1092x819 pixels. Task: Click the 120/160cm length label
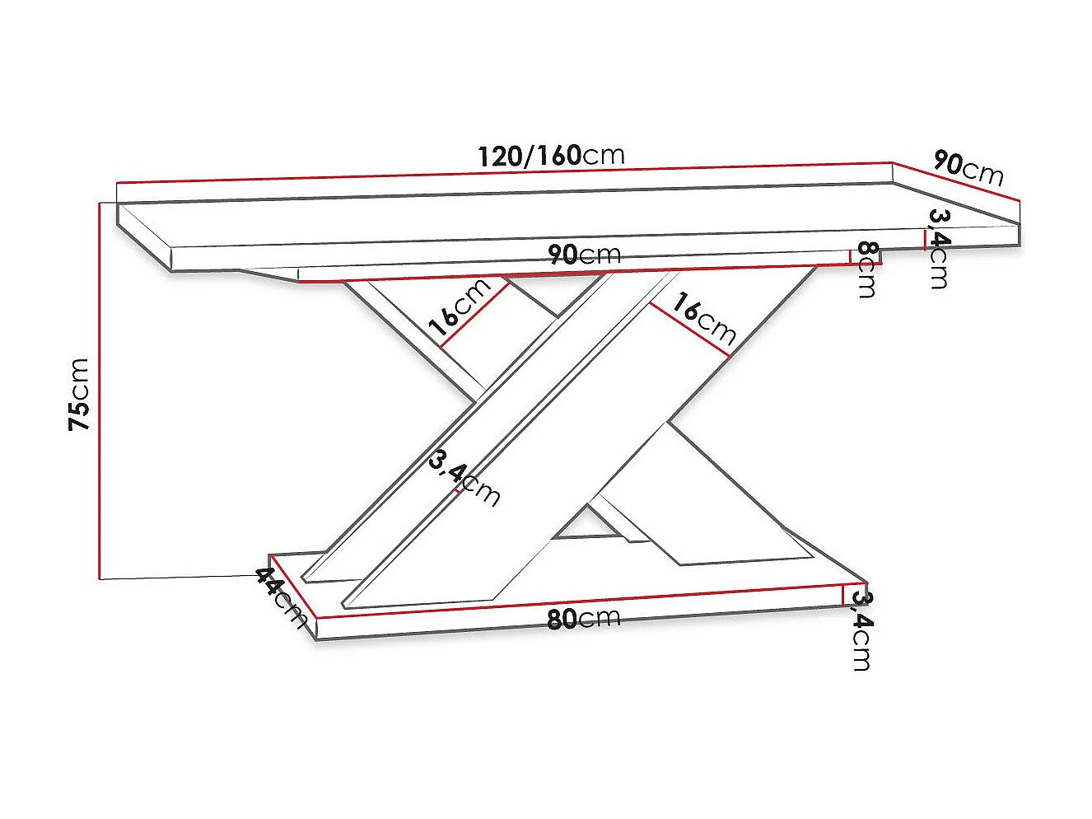(x=551, y=155)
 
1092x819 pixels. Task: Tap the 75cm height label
(x=79, y=394)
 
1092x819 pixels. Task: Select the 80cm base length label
(x=583, y=618)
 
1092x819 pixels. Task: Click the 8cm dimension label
(x=866, y=269)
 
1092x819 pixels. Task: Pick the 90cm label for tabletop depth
(x=968, y=168)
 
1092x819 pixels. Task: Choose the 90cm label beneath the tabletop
(x=584, y=255)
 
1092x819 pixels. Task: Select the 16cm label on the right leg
(x=702, y=318)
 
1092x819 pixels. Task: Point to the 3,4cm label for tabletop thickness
(x=939, y=248)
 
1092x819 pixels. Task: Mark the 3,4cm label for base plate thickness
(x=861, y=630)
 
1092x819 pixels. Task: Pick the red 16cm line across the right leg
(x=689, y=330)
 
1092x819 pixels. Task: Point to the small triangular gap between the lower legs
(x=586, y=525)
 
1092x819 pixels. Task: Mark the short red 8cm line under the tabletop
(x=850, y=256)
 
